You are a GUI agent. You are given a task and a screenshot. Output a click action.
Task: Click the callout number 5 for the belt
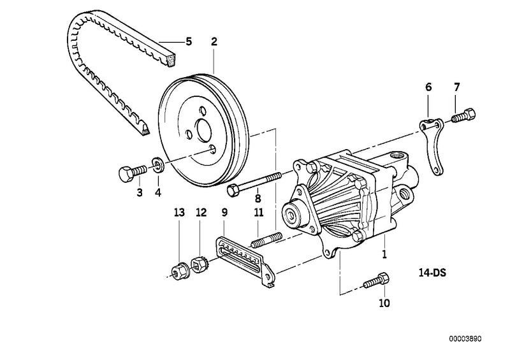188,42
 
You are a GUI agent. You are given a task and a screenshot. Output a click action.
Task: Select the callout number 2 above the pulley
214,42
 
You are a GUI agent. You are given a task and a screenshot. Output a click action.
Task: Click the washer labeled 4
158,168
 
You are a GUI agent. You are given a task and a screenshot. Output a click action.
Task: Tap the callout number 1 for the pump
384,254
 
